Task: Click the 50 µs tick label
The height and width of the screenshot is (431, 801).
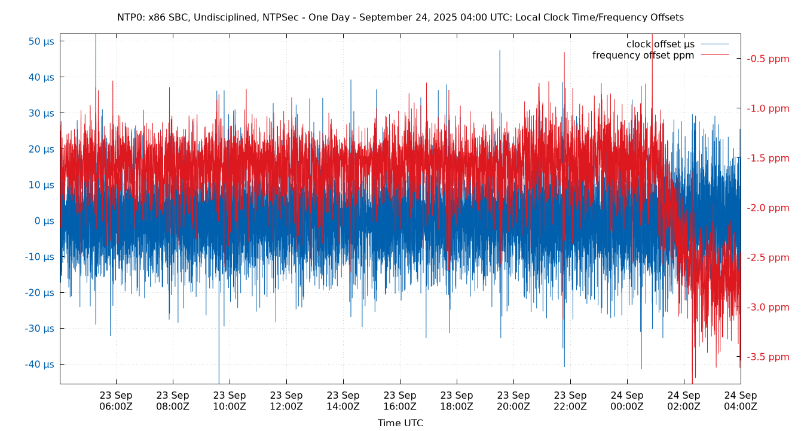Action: click(x=41, y=41)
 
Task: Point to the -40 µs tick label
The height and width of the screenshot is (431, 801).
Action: click(x=39, y=364)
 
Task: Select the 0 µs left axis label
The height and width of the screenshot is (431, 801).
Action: click(x=44, y=221)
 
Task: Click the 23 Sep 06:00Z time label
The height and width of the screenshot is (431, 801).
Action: click(x=116, y=400)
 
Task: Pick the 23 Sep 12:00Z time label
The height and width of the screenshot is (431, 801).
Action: click(x=286, y=400)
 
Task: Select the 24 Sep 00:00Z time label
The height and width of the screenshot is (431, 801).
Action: click(x=627, y=400)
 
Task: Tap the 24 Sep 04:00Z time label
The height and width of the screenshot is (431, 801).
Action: click(x=741, y=400)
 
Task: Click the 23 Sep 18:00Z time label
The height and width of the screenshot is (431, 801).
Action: click(x=457, y=400)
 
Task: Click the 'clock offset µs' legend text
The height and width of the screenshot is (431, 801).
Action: click(x=660, y=44)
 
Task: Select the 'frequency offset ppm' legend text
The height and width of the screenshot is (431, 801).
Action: click(x=643, y=56)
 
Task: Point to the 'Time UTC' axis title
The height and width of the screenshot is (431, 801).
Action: click(x=400, y=423)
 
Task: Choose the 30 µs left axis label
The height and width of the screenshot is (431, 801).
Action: click(x=41, y=113)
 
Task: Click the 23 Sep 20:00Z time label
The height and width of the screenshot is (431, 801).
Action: click(x=513, y=400)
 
